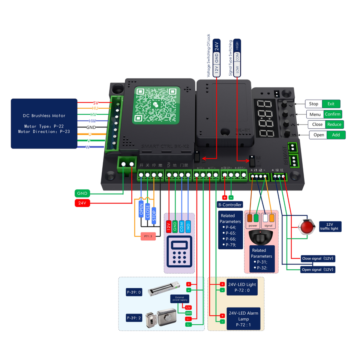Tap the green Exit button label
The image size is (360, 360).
331,104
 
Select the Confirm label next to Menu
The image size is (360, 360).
332,114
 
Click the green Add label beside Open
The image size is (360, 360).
336,135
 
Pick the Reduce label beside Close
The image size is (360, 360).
334,124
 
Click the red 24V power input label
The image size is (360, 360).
82,203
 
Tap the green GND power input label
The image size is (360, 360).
82,193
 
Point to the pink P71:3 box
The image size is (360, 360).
148,236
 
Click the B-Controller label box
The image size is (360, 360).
230,205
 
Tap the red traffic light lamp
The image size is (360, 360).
306,227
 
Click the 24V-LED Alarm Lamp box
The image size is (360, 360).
243,319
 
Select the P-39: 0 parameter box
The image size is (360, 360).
134,292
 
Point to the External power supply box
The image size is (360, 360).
180,298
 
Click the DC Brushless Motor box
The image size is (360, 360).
44,123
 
